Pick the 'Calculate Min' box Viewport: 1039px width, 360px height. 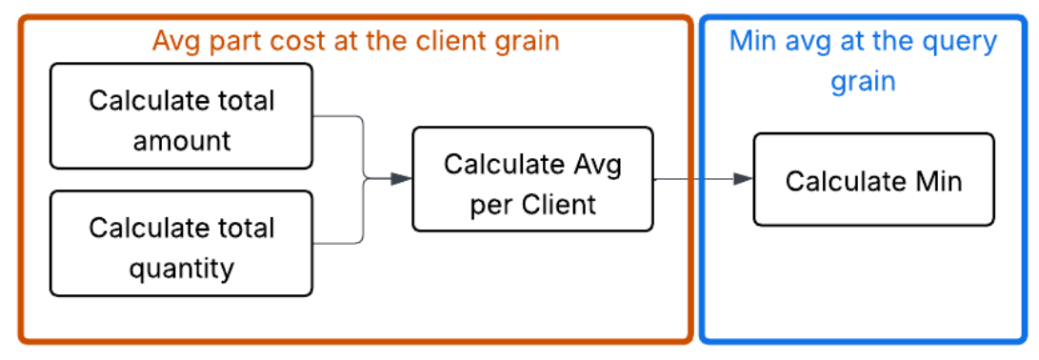(873, 180)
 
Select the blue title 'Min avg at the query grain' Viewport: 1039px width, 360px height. (863, 60)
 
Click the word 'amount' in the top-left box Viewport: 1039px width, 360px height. (182, 141)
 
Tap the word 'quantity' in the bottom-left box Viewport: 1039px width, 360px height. (182, 269)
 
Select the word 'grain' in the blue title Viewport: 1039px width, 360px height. (863, 81)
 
